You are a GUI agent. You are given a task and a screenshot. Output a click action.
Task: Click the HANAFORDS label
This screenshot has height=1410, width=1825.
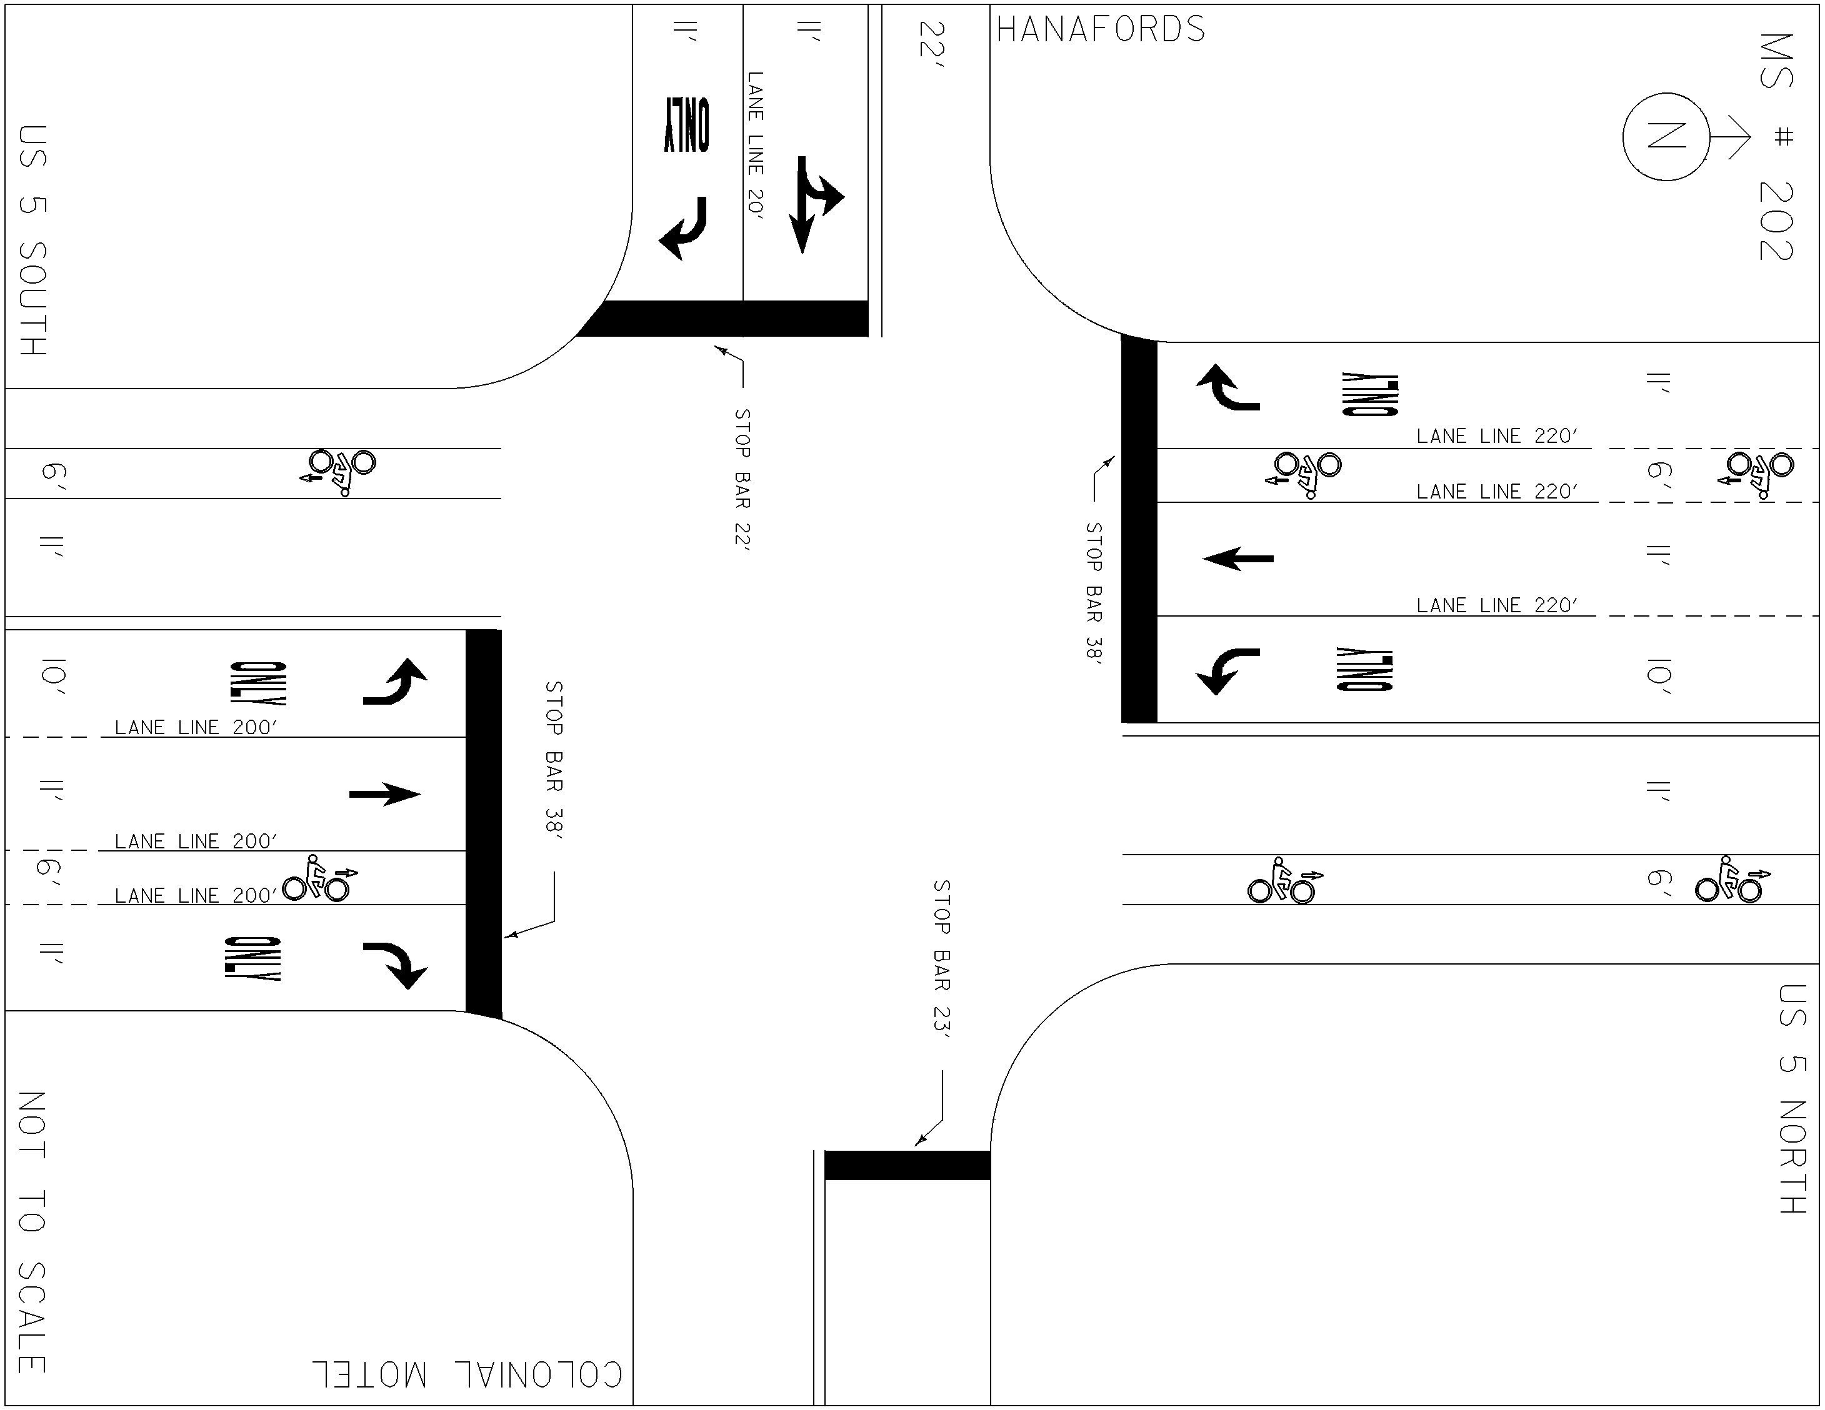pos(1101,29)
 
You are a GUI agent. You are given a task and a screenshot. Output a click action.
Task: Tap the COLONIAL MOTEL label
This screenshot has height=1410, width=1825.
pos(468,1374)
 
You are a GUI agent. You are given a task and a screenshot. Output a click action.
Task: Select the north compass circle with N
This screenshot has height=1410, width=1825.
pos(1666,136)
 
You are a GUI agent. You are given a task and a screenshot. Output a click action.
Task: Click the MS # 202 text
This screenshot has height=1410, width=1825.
pos(1776,147)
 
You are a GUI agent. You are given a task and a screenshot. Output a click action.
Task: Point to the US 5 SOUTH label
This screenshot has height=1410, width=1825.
pos(32,241)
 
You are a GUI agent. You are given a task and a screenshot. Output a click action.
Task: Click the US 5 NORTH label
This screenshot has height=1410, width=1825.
pos(1792,1098)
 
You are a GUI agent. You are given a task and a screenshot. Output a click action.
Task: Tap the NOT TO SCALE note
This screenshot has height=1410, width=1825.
pos(32,1232)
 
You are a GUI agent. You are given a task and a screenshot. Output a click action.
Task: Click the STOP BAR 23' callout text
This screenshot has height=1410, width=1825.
pos(942,960)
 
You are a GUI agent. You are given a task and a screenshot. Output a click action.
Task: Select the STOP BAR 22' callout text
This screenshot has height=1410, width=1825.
pos(742,479)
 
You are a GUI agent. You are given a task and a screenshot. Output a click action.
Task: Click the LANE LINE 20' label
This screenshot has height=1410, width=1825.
pos(756,146)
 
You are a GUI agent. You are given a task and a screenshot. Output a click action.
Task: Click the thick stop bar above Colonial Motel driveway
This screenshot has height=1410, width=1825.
pos(907,1165)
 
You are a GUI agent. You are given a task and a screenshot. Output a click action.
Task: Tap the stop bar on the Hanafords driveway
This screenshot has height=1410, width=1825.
pos(724,318)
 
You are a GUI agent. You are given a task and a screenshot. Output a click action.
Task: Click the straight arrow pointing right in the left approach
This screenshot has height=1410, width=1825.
pos(384,793)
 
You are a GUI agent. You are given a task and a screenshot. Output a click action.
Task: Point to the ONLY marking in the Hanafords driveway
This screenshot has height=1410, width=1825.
pos(687,126)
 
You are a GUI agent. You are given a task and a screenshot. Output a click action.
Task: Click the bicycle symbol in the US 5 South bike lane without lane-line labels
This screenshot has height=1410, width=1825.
pos(338,472)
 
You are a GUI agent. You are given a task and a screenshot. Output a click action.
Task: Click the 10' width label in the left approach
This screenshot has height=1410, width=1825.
pos(52,677)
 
